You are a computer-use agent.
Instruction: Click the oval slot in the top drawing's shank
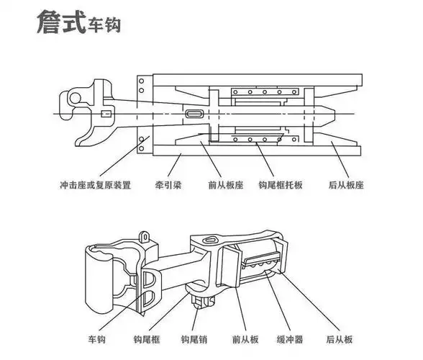tap(195, 114)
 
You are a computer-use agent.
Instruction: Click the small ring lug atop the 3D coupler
tap(145, 235)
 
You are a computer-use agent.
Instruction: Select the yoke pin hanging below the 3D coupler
tap(197, 295)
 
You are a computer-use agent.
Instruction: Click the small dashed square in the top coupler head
tap(106, 114)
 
